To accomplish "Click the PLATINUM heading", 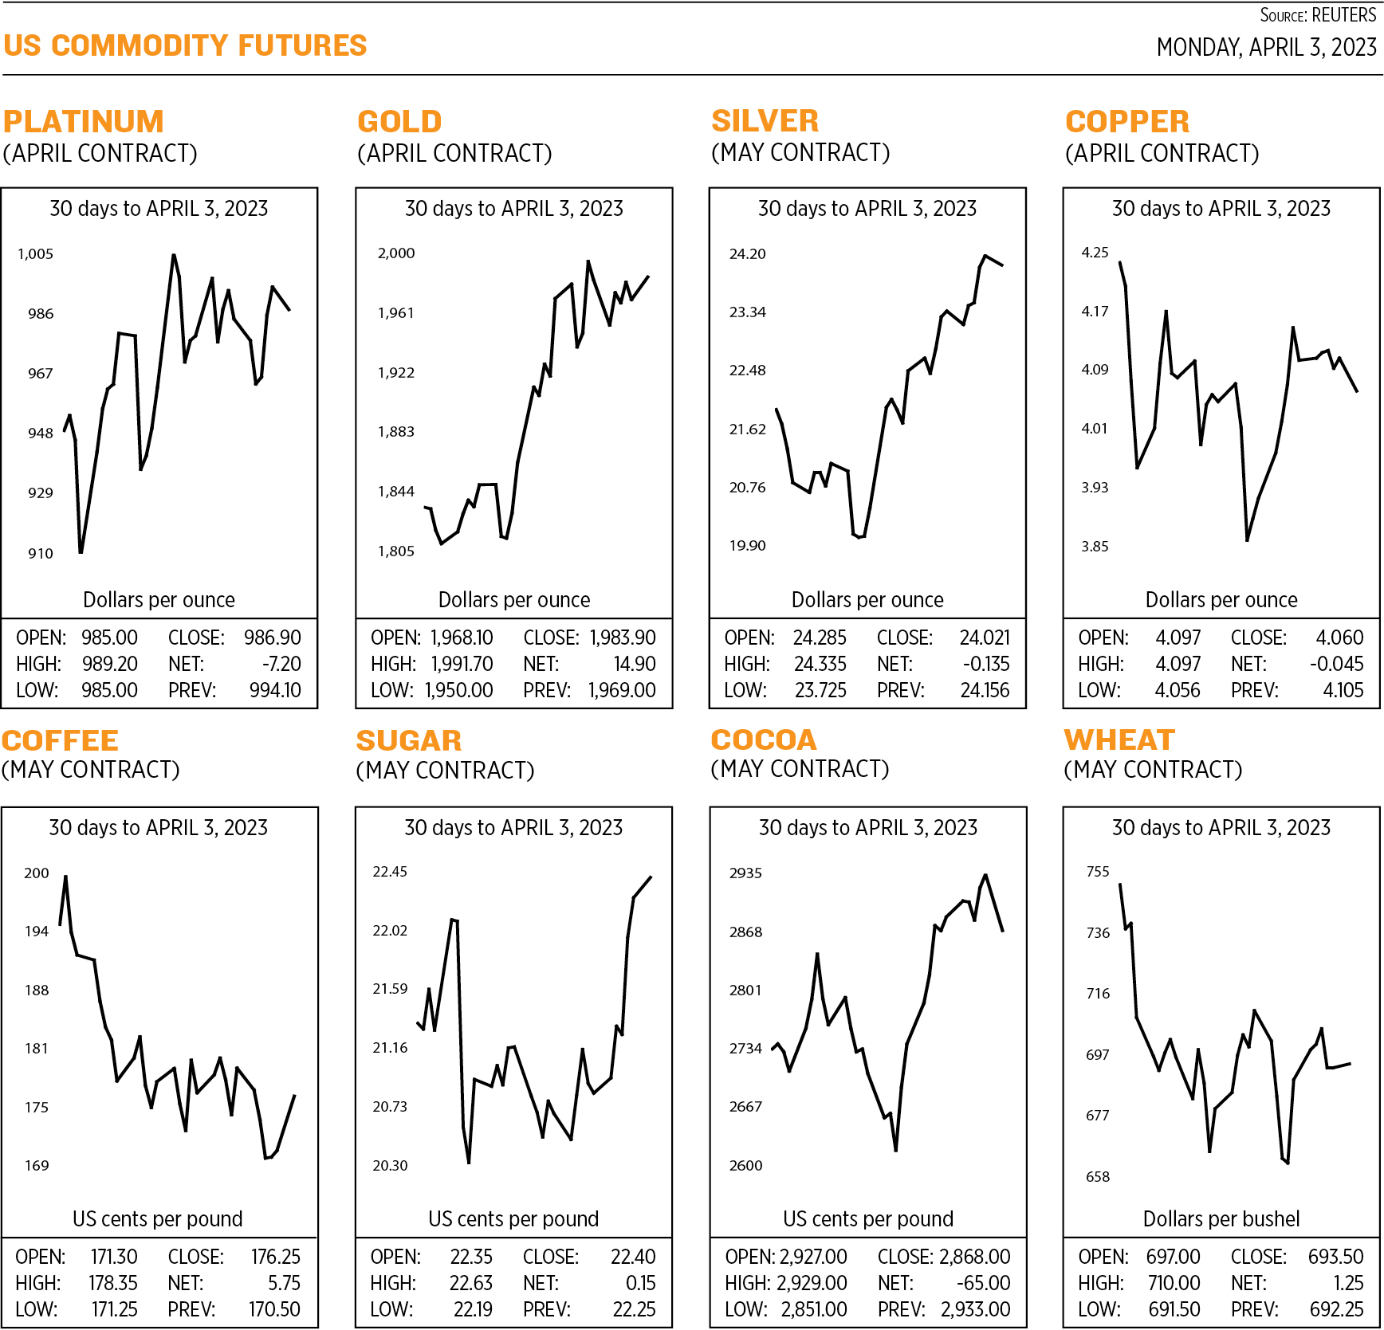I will click(x=84, y=121).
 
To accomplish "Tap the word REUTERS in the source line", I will click(x=1343, y=15).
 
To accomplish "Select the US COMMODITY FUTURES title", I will click(x=185, y=45).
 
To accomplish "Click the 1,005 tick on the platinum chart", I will click(x=35, y=254).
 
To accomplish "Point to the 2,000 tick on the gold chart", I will click(x=396, y=253).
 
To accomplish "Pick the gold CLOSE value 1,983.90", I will click(x=623, y=638).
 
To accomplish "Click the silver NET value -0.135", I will click(x=986, y=664).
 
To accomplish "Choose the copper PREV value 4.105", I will click(x=1343, y=690).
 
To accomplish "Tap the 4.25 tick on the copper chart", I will click(x=1095, y=253).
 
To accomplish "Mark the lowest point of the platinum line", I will click(x=81, y=551).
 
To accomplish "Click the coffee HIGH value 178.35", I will click(x=113, y=1283).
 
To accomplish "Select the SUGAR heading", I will click(x=409, y=740).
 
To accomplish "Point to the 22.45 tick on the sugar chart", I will click(x=390, y=872).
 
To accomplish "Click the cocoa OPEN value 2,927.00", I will click(x=813, y=1257).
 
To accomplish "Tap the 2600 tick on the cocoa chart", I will click(x=745, y=1165).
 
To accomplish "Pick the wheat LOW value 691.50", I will click(x=1174, y=1309).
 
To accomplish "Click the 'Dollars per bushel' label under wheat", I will click(x=1221, y=1218).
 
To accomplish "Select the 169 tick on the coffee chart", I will click(x=37, y=1165).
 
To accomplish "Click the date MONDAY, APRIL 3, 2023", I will click(x=1266, y=48).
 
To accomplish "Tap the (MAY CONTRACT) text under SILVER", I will click(x=800, y=152).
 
